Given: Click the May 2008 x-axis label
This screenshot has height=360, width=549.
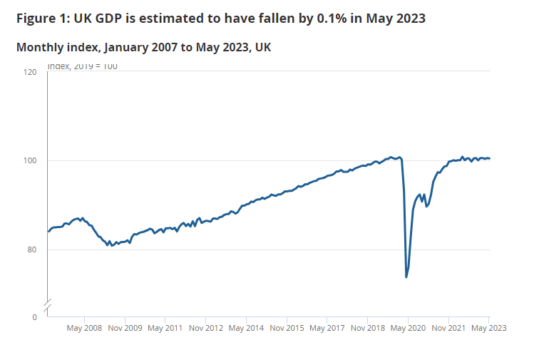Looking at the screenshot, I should [x=84, y=329].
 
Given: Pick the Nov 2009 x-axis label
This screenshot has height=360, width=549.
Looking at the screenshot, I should [x=125, y=329].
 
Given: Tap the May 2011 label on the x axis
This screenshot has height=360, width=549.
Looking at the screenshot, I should [x=165, y=329].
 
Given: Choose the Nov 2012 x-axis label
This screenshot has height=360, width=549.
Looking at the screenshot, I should [x=205, y=329].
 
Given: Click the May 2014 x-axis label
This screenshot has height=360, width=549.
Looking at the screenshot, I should [x=246, y=329].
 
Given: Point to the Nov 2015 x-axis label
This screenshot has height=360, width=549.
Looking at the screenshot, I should [x=287, y=329].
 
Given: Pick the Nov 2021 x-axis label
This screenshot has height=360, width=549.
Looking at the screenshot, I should [x=448, y=329].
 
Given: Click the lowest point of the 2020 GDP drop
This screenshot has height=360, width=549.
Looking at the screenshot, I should [x=406, y=277].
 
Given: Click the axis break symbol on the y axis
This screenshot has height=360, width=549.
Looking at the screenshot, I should [x=47, y=306].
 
